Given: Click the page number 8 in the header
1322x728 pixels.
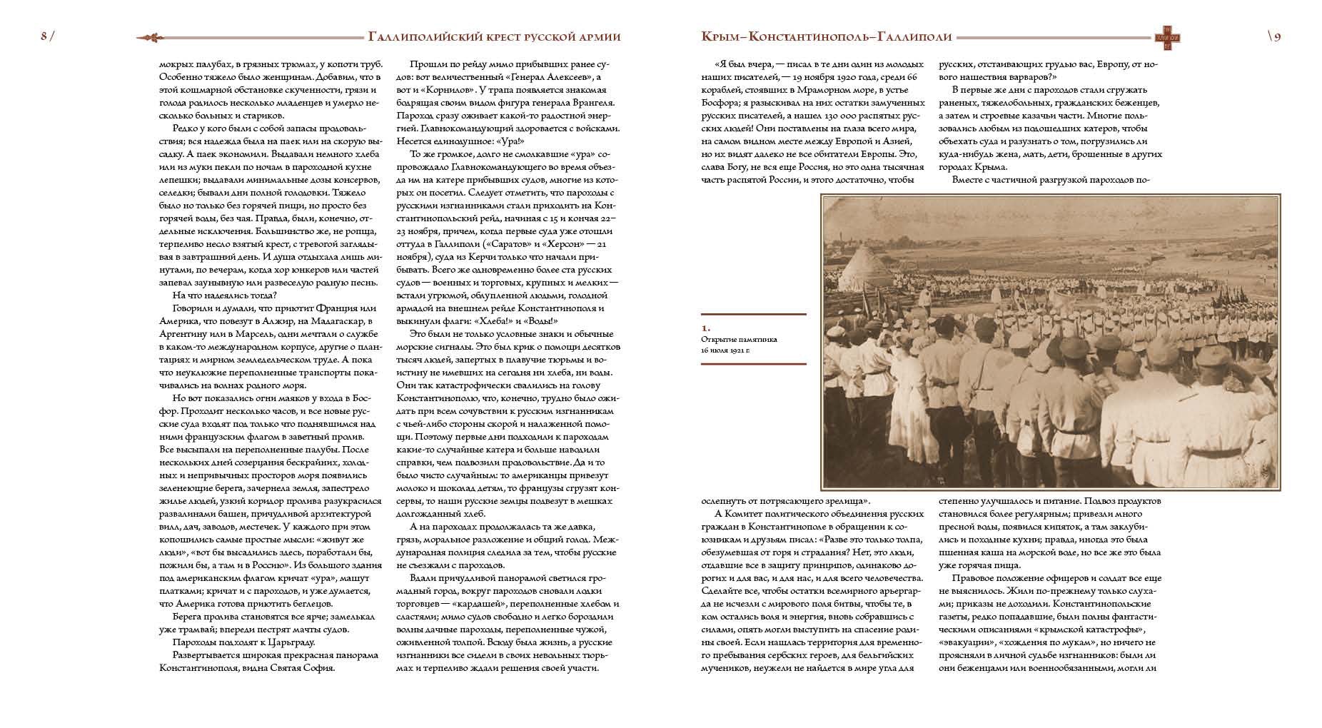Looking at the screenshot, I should pyautogui.click(x=44, y=38).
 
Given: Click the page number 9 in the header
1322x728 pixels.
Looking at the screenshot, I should pyautogui.click(x=1276, y=38).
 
